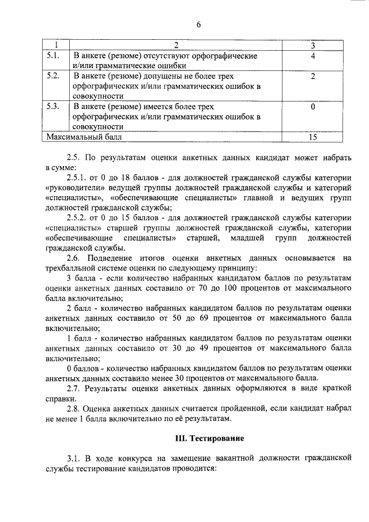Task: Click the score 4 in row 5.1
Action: point(312,56)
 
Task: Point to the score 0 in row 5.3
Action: point(312,107)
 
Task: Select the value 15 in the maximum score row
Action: point(312,137)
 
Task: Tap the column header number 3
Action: point(312,46)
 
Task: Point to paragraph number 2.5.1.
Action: point(78,178)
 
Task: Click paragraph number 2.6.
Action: point(75,258)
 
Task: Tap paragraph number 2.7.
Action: point(75,389)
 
